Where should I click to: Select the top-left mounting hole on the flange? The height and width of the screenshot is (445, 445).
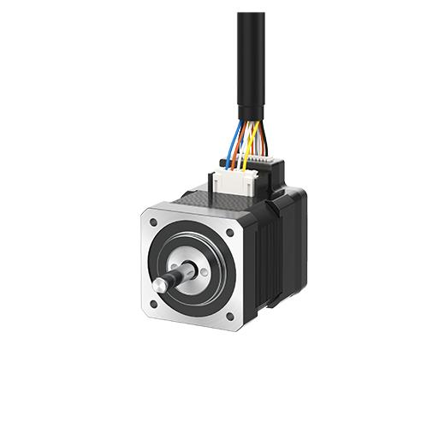coord(153,222)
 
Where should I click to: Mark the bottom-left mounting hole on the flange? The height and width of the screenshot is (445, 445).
coord(154,303)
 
